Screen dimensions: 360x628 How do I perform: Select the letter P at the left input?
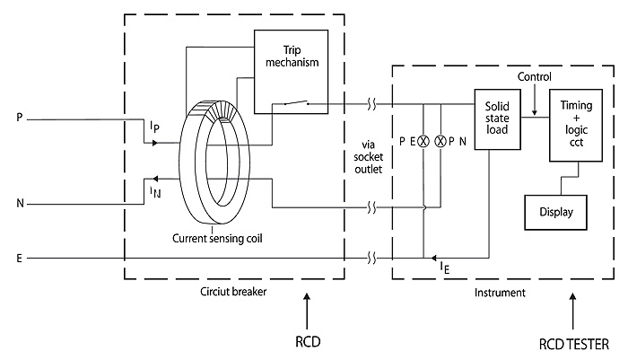pos(19,117)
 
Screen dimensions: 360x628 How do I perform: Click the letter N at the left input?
pos(20,203)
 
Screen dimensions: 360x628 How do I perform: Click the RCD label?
pos(307,342)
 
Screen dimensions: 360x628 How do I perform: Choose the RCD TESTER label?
pos(573,342)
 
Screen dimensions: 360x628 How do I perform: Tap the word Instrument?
pos(498,293)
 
